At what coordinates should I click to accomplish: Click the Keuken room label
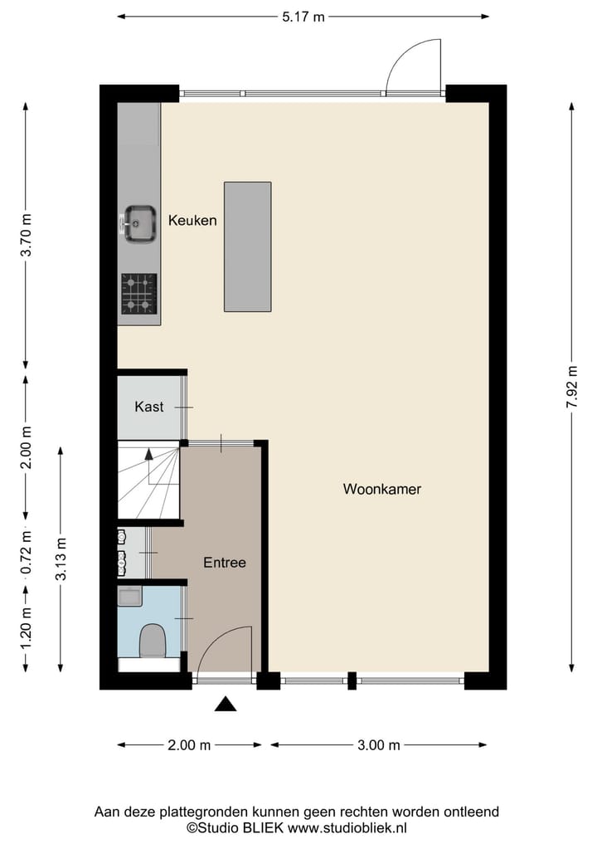coord(192,221)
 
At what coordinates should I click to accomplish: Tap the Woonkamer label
coord(382,490)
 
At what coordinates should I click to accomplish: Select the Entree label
coord(225,563)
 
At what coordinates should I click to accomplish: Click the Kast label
coord(149,407)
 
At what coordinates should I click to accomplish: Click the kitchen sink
coord(139,222)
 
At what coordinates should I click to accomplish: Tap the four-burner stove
coord(139,294)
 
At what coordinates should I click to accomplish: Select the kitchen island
coord(247,246)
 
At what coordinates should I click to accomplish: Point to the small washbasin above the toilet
coord(129,596)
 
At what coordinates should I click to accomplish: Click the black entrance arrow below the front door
coord(226,705)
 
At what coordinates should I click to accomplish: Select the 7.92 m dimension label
coord(571,387)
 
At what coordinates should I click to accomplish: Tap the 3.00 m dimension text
coord(379,745)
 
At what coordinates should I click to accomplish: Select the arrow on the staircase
coord(149,455)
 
